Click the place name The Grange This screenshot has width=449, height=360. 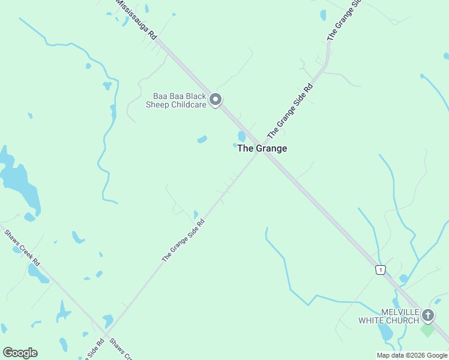coord(262,148)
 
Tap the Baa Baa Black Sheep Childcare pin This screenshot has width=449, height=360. coord(216,100)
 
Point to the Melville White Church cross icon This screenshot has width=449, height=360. coord(427,315)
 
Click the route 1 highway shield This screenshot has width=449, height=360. coord(380,270)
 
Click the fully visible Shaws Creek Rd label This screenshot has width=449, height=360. coord(22,248)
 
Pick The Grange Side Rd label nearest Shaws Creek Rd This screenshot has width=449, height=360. coord(183,240)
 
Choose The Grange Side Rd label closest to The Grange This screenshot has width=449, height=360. coord(291,109)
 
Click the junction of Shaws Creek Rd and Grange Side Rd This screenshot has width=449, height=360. coord(106,335)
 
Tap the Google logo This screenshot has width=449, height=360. coord(20,353)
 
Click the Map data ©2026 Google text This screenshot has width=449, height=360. coord(412,355)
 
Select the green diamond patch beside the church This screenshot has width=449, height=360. coord(427,329)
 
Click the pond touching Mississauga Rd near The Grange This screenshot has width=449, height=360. coord(241,137)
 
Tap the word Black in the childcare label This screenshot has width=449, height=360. coord(194,96)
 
